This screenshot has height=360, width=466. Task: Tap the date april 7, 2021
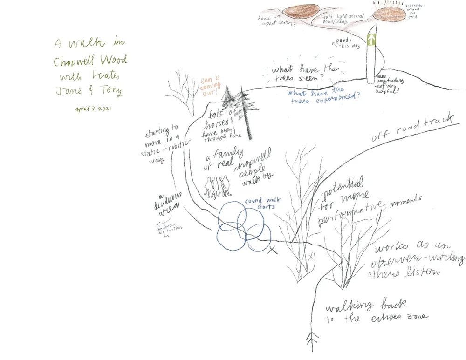click(94, 109)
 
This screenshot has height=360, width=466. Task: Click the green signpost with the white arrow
click(371, 39)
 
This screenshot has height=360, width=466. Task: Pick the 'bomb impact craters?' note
click(275, 21)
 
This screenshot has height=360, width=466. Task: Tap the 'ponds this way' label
click(343, 43)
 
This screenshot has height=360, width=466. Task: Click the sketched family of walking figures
click(217, 185)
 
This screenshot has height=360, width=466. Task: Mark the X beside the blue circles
click(273, 251)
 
